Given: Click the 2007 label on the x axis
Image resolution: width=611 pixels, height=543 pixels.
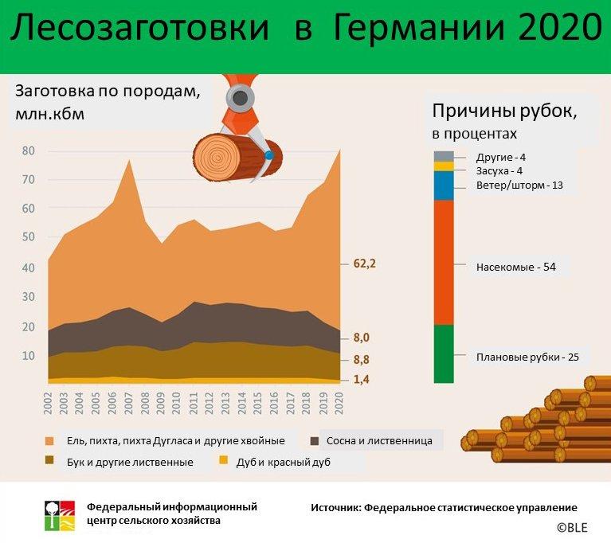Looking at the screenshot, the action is (x=128, y=404).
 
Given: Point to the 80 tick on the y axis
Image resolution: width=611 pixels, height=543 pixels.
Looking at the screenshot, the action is (x=29, y=150).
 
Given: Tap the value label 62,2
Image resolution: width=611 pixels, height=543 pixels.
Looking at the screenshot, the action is (x=365, y=264).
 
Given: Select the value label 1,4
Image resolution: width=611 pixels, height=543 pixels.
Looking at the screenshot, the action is (x=362, y=379).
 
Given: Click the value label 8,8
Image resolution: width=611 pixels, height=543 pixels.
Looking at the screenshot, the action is (x=362, y=360).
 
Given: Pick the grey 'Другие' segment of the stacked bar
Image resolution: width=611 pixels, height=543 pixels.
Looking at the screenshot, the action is (x=444, y=156).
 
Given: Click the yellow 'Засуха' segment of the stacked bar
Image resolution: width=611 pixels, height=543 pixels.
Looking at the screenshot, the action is (x=444, y=166).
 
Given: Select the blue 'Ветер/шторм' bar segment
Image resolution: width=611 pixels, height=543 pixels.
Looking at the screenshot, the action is (x=444, y=186).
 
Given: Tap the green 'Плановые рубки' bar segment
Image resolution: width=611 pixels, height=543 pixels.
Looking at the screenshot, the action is (x=444, y=354).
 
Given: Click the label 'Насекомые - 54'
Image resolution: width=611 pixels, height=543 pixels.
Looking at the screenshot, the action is (x=516, y=268).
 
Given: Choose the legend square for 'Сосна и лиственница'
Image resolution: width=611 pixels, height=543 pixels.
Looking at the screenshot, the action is (x=315, y=441).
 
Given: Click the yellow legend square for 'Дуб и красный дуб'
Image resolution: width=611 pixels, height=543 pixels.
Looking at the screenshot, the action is (x=224, y=460).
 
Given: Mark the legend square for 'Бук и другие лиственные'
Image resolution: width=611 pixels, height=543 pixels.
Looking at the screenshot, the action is (x=49, y=460).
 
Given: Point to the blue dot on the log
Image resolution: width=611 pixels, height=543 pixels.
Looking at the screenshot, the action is (x=269, y=155).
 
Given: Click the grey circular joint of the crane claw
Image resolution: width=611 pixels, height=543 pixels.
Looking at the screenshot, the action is (x=241, y=98).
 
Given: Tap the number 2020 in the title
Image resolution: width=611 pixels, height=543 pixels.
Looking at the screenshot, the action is (x=560, y=27).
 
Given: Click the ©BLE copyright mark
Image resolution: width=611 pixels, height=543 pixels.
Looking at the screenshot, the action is (x=572, y=527).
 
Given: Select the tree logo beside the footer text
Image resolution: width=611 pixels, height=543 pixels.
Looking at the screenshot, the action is (x=60, y=515).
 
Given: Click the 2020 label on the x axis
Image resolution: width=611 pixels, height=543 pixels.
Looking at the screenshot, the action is (x=339, y=404).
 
